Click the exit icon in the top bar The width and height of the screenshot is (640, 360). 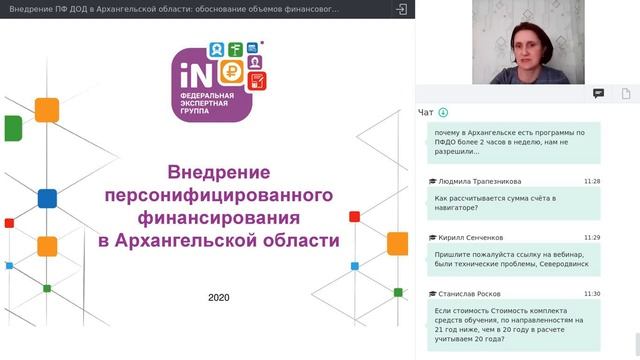(402, 9)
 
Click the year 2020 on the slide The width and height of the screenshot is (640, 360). (219, 297)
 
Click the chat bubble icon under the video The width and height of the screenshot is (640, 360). (598, 93)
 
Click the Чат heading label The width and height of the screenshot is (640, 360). (426, 112)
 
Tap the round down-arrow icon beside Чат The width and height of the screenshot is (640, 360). (444, 112)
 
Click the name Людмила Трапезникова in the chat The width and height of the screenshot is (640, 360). (479, 181)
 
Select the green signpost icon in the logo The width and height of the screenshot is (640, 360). (233, 48)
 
